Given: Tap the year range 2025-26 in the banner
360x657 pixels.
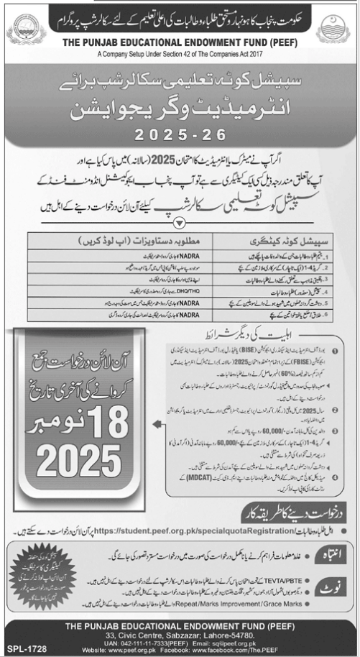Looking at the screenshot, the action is click(180, 134).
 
